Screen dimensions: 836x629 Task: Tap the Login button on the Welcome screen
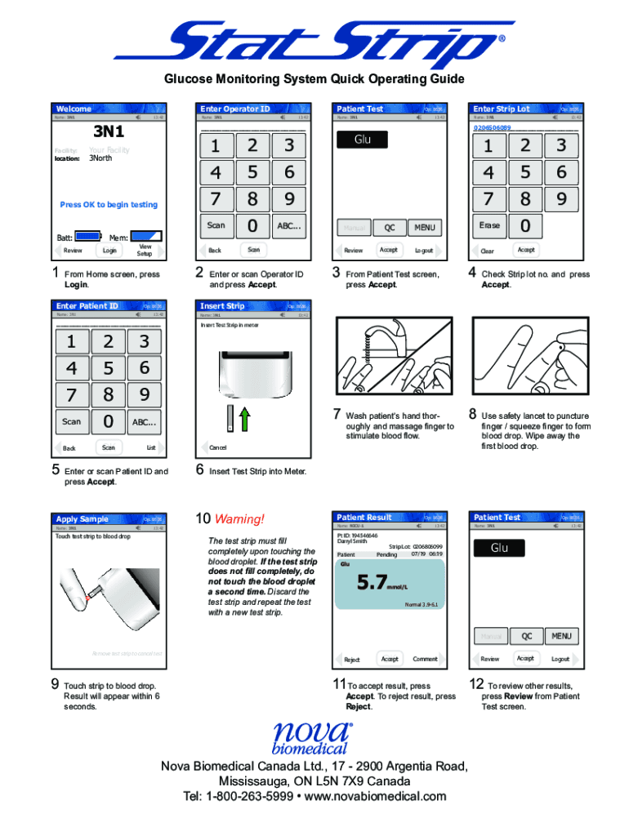click(x=109, y=251)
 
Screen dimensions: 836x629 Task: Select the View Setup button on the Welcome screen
click(x=145, y=251)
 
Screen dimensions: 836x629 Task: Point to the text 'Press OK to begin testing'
click(x=109, y=205)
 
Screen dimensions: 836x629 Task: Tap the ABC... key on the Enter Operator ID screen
click(x=289, y=225)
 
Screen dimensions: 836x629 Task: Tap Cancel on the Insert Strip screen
click(x=218, y=447)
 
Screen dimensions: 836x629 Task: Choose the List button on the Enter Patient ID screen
click(x=150, y=447)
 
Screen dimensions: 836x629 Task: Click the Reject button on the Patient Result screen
click(x=352, y=660)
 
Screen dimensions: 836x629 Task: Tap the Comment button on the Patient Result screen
click(x=425, y=659)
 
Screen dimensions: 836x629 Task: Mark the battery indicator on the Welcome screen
click(x=87, y=237)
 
